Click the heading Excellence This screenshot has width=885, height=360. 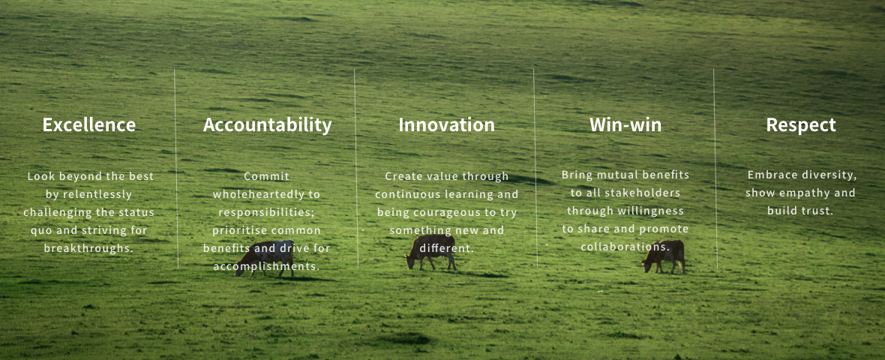89,124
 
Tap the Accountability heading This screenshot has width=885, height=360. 268,125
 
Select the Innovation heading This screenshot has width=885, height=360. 446,124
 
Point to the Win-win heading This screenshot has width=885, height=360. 625,124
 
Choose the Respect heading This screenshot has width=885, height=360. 801,125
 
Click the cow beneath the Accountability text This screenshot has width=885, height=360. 265,259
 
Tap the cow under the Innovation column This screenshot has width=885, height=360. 430,252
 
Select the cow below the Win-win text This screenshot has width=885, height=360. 664,256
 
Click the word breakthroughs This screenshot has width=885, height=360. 89,248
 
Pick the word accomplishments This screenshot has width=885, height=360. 266,266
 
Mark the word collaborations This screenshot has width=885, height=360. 625,247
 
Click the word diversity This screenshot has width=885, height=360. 829,175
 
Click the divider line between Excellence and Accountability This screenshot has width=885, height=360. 176,168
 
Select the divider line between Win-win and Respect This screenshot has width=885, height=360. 715,168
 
